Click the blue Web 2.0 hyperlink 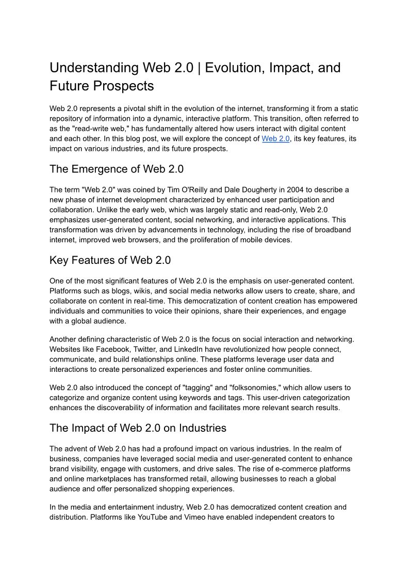point(275,139)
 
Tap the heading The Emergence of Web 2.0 point(117,169)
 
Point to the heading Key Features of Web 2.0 point(110,260)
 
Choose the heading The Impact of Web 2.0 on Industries point(138,428)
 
